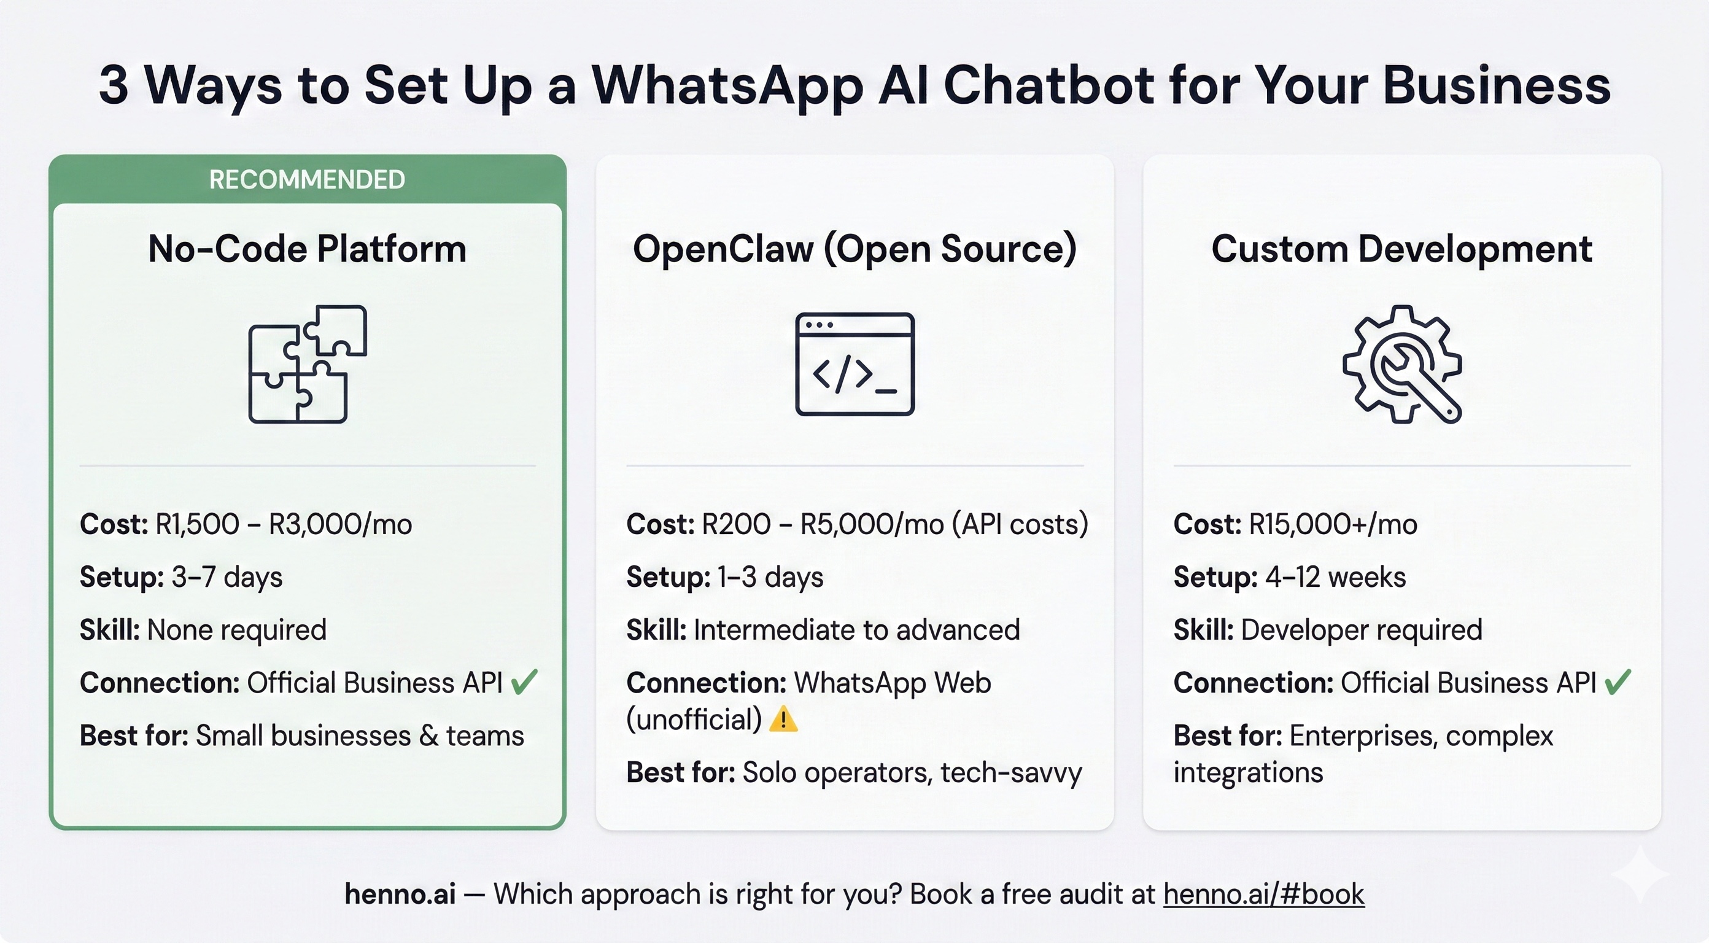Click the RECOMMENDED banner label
coord(307,180)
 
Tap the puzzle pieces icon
coord(307,363)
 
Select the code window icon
coord(854,363)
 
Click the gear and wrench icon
coord(1402,363)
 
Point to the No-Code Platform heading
coord(307,249)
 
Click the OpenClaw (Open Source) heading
coord(854,249)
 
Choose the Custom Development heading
coord(1402,249)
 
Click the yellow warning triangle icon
coord(783,720)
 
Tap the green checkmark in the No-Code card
coord(524,681)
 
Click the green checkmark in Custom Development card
coord(1618,681)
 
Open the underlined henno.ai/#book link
coord(1264,894)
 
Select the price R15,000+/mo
coord(1333,524)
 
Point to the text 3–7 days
coord(227,577)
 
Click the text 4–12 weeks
coord(1336,577)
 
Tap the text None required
coord(237,630)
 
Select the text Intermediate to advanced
coord(856,630)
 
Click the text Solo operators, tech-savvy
coord(912,772)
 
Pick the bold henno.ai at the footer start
coord(400,894)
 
